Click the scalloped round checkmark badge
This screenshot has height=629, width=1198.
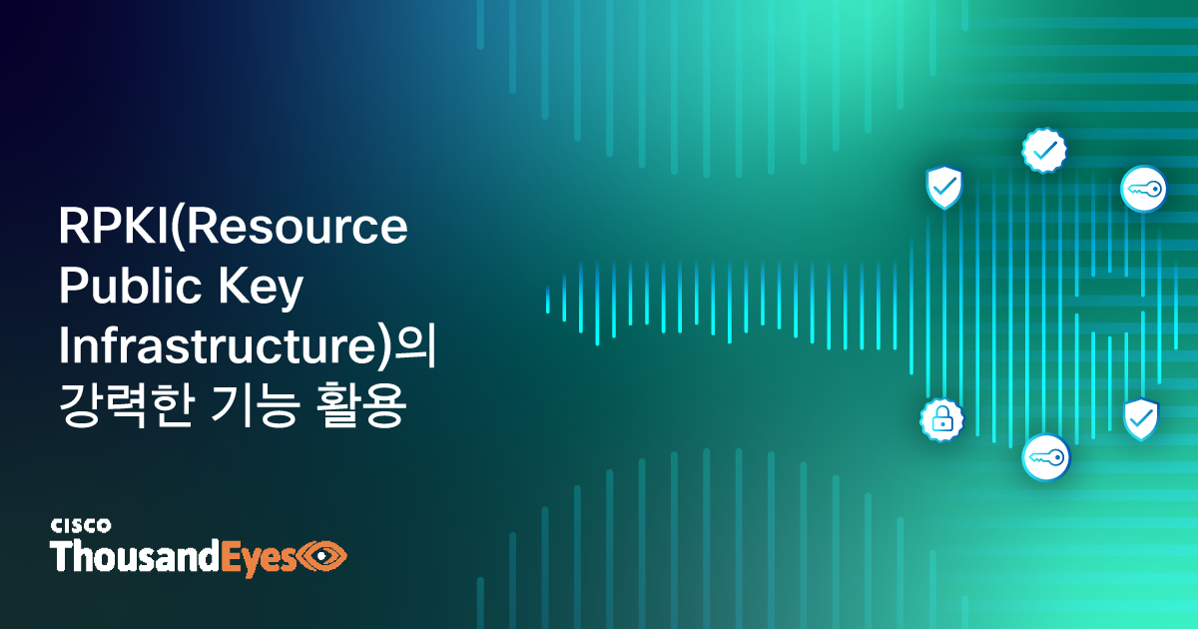coord(1044,151)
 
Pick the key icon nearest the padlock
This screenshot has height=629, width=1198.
coord(1045,457)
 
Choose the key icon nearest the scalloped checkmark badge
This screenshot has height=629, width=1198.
coord(1143,188)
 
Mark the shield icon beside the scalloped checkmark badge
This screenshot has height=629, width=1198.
coord(943,187)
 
